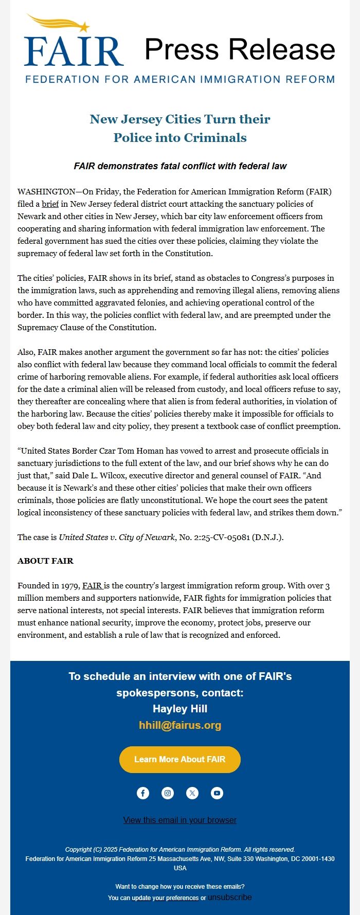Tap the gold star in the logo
(x=84, y=27)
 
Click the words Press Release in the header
(x=240, y=49)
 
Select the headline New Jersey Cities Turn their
(x=180, y=119)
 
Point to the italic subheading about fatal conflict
(x=180, y=166)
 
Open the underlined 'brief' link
(x=50, y=204)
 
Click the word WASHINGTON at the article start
(x=46, y=192)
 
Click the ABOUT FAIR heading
(x=45, y=561)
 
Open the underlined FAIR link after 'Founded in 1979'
(x=93, y=586)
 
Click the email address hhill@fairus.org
(x=180, y=725)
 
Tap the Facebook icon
(x=143, y=793)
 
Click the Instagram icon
(x=168, y=793)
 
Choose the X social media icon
(x=192, y=793)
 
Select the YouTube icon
(x=217, y=793)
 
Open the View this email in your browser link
(x=180, y=820)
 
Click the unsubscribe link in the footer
(x=230, y=898)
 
